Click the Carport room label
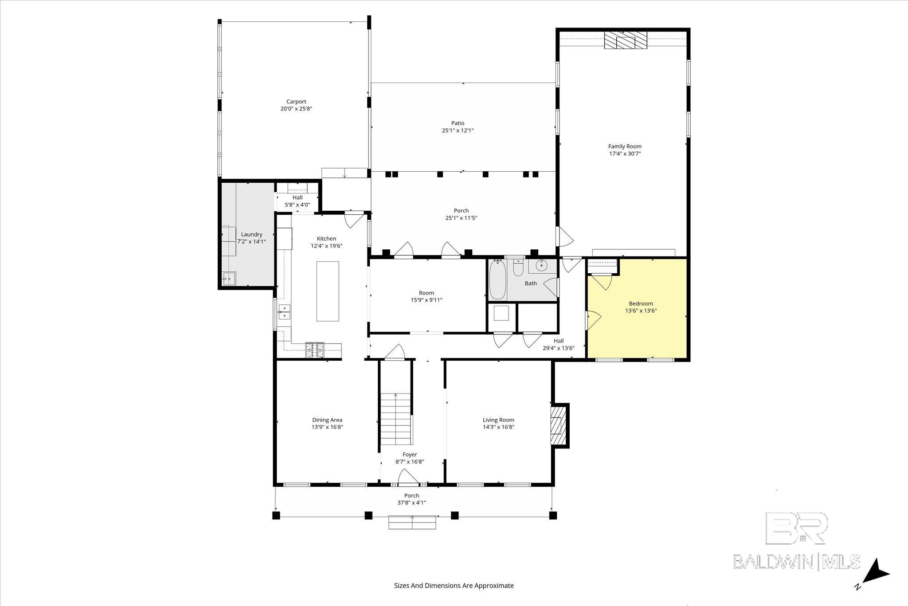[x=296, y=102]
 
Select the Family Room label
[x=625, y=146]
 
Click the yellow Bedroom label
[x=641, y=303]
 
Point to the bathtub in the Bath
[x=498, y=280]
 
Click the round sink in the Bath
[x=540, y=266]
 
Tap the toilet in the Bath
[x=518, y=268]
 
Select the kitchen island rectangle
[x=328, y=291]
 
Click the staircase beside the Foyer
[x=396, y=419]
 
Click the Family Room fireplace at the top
[x=625, y=40]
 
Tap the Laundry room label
[x=252, y=234]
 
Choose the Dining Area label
[x=327, y=420]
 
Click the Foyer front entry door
[x=408, y=477]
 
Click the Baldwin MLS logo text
[x=796, y=561]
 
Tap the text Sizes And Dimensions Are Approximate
[x=454, y=586]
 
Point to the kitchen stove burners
[x=315, y=350]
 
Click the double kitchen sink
[x=284, y=312]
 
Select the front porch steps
[x=412, y=522]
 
